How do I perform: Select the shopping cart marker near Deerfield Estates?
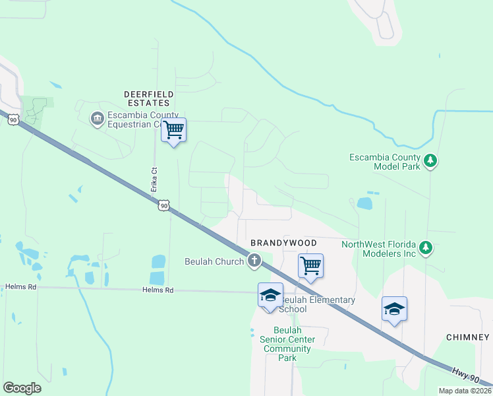click(x=174, y=129)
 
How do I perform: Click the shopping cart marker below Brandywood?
click(x=310, y=265)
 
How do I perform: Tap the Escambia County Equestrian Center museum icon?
click(x=97, y=118)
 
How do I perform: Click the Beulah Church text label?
click(x=214, y=261)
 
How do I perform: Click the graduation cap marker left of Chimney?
click(x=394, y=308)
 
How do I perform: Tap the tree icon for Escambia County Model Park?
click(x=430, y=160)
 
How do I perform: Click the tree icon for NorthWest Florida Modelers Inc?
click(x=426, y=247)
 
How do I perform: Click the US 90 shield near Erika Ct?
click(x=164, y=206)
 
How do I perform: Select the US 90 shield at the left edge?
click(x=13, y=119)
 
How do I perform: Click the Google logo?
click(x=22, y=388)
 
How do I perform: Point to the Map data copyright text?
click(x=465, y=391)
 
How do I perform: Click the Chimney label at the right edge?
click(x=467, y=337)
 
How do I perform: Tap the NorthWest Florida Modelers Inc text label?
click(x=378, y=249)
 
